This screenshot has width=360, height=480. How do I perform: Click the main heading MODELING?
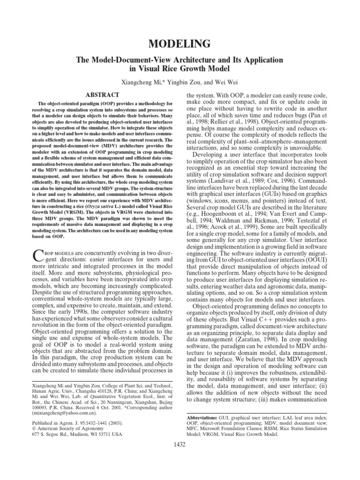tap(180, 45)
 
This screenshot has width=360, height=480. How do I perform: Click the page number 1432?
tap(180, 444)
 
